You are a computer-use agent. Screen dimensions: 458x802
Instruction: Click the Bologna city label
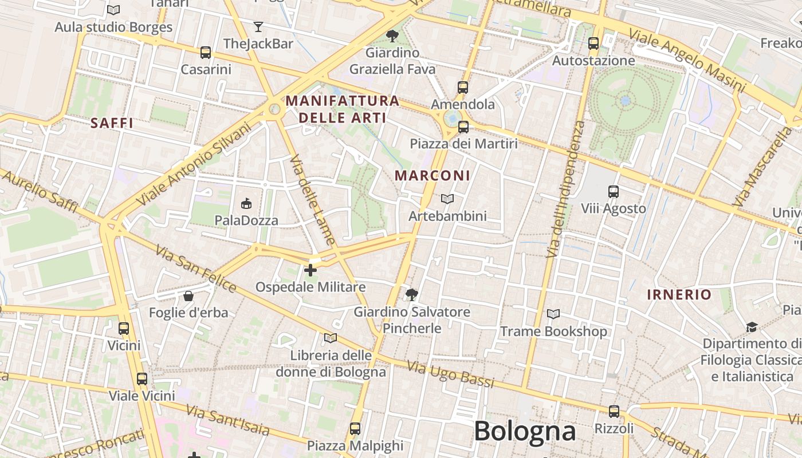(524, 431)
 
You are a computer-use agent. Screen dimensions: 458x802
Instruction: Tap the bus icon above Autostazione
(593, 43)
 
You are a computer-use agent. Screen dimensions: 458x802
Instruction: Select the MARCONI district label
(433, 176)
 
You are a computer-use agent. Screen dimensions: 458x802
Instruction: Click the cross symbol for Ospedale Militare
(310, 270)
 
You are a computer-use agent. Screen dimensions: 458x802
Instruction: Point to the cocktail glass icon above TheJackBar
(258, 26)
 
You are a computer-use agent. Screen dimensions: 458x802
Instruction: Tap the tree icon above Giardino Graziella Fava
(392, 36)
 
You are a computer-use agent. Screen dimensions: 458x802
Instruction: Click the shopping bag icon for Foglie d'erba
(188, 296)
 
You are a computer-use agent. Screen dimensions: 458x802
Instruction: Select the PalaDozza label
(246, 220)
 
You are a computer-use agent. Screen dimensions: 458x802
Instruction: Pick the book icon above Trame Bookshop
(553, 314)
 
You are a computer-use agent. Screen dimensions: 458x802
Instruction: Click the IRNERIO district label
(679, 295)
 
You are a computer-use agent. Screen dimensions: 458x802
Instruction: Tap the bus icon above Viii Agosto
(614, 192)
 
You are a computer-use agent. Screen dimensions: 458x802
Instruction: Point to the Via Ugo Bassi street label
(450, 374)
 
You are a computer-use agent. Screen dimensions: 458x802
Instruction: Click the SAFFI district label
(112, 123)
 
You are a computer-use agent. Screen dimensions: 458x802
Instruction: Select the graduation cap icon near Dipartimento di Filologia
(752, 327)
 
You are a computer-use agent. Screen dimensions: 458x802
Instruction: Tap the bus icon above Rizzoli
(614, 411)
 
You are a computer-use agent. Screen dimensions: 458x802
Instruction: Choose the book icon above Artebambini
(447, 199)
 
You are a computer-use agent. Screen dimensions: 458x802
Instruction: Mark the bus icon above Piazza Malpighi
(355, 428)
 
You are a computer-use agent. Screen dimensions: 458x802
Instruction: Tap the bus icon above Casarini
(206, 53)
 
